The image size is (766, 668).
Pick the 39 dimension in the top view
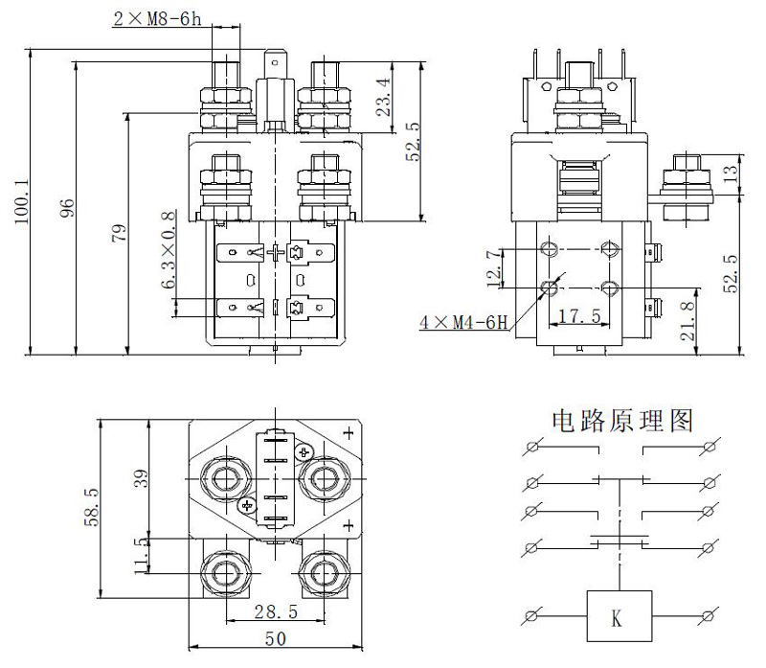coord(141,479)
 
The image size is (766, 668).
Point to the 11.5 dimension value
coord(141,555)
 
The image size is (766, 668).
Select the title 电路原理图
coord(621,421)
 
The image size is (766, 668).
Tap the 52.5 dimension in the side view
coord(732,272)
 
